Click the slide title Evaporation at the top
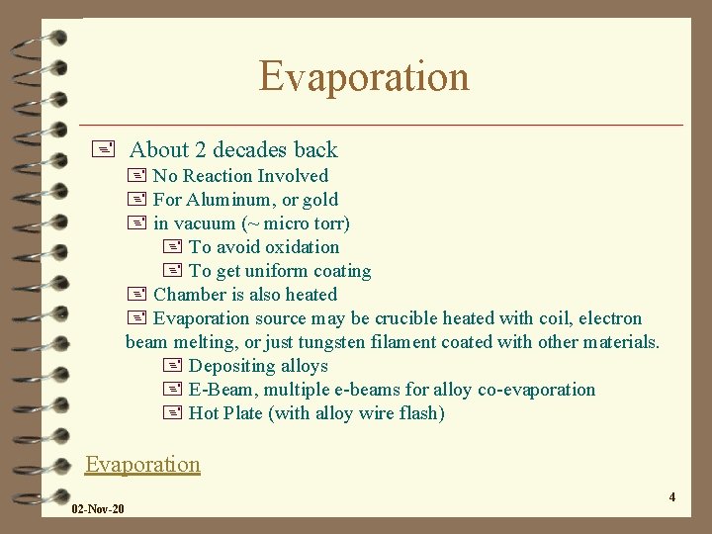pos(364,77)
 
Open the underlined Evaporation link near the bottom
pos(142,464)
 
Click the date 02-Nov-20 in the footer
pos(98,509)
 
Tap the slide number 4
pos(671,496)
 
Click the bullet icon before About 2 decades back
pos(108,150)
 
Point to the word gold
pos(320,200)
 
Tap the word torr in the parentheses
pos(326,223)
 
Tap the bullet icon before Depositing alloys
pos(171,366)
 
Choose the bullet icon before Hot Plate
pos(171,413)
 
